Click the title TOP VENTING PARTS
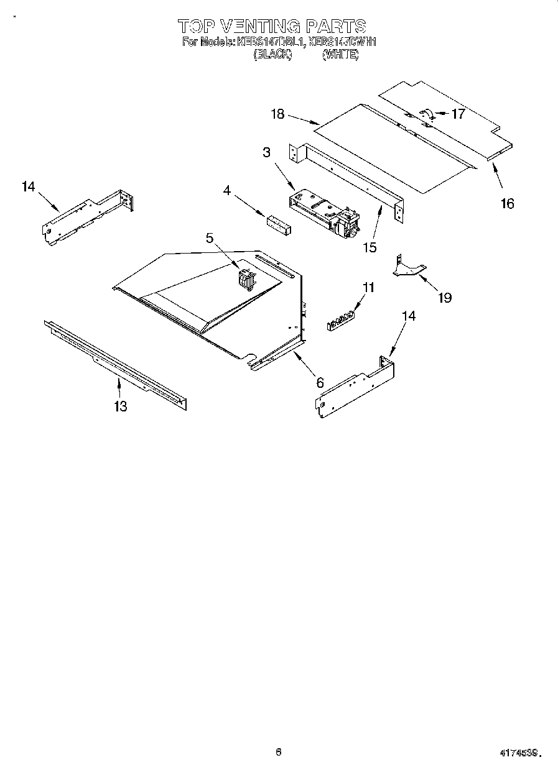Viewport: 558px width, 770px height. click(272, 25)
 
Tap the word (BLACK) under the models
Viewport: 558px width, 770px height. click(272, 54)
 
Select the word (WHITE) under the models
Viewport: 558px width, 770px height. click(340, 54)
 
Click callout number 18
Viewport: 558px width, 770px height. click(277, 114)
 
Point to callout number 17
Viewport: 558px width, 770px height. click(458, 114)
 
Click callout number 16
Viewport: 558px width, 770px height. click(508, 203)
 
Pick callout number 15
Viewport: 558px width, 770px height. click(370, 247)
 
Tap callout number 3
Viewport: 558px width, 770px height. click(266, 152)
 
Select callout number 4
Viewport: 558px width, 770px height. click(228, 191)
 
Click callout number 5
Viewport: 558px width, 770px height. click(210, 237)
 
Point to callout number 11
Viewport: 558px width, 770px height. click(369, 287)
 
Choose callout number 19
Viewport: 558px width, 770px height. click(444, 298)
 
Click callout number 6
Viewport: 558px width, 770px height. click(320, 383)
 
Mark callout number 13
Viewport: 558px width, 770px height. click(120, 406)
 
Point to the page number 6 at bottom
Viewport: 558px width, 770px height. click(279, 751)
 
